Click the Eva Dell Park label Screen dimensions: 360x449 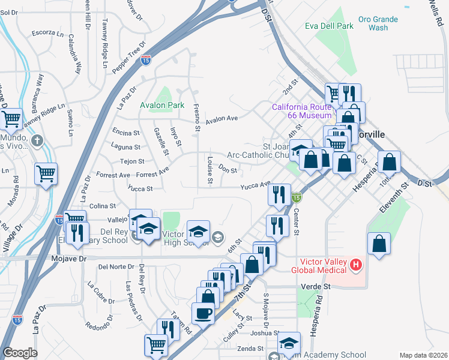pyautogui.click(x=329, y=26)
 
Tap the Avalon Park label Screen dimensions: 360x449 pyautogui.click(x=161, y=105)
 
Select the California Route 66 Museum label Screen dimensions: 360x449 pyautogui.click(x=301, y=111)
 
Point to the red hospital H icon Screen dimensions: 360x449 pyautogui.click(x=356, y=264)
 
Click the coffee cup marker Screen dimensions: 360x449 pyautogui.click(x=203, y=313)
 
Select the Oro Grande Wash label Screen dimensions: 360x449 pyautogui.click(x=378, y=23)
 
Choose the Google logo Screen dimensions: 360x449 pyautogui.click(x=20, y=353)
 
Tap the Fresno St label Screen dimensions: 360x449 pyautogui.click(x=197, y=116)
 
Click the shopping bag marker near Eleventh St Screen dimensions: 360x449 pyautogui.click(x=378, y=244)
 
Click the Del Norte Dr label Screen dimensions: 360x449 pyautogui.click(x=113, y=266)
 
